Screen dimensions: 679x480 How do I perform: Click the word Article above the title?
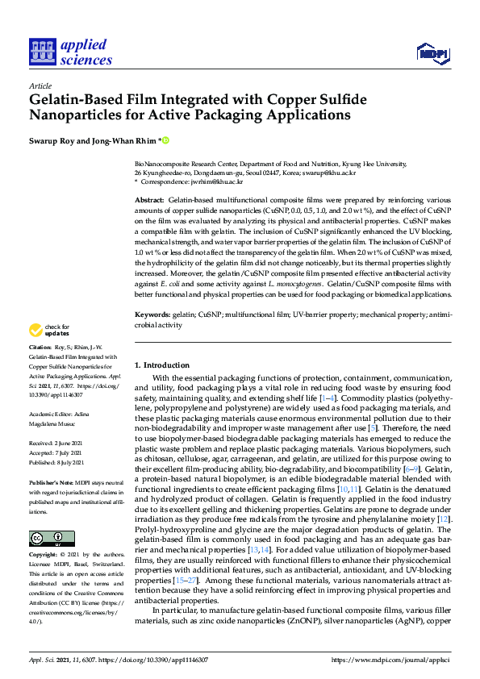[40, 85]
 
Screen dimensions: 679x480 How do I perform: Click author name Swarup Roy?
[52, 140]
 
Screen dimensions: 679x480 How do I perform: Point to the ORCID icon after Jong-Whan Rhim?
[165, 140]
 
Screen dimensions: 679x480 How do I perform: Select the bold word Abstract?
[149, 198]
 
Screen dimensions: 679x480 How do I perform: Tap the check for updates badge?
[48, 330]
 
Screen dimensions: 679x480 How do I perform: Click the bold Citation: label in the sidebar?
[42, 369]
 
